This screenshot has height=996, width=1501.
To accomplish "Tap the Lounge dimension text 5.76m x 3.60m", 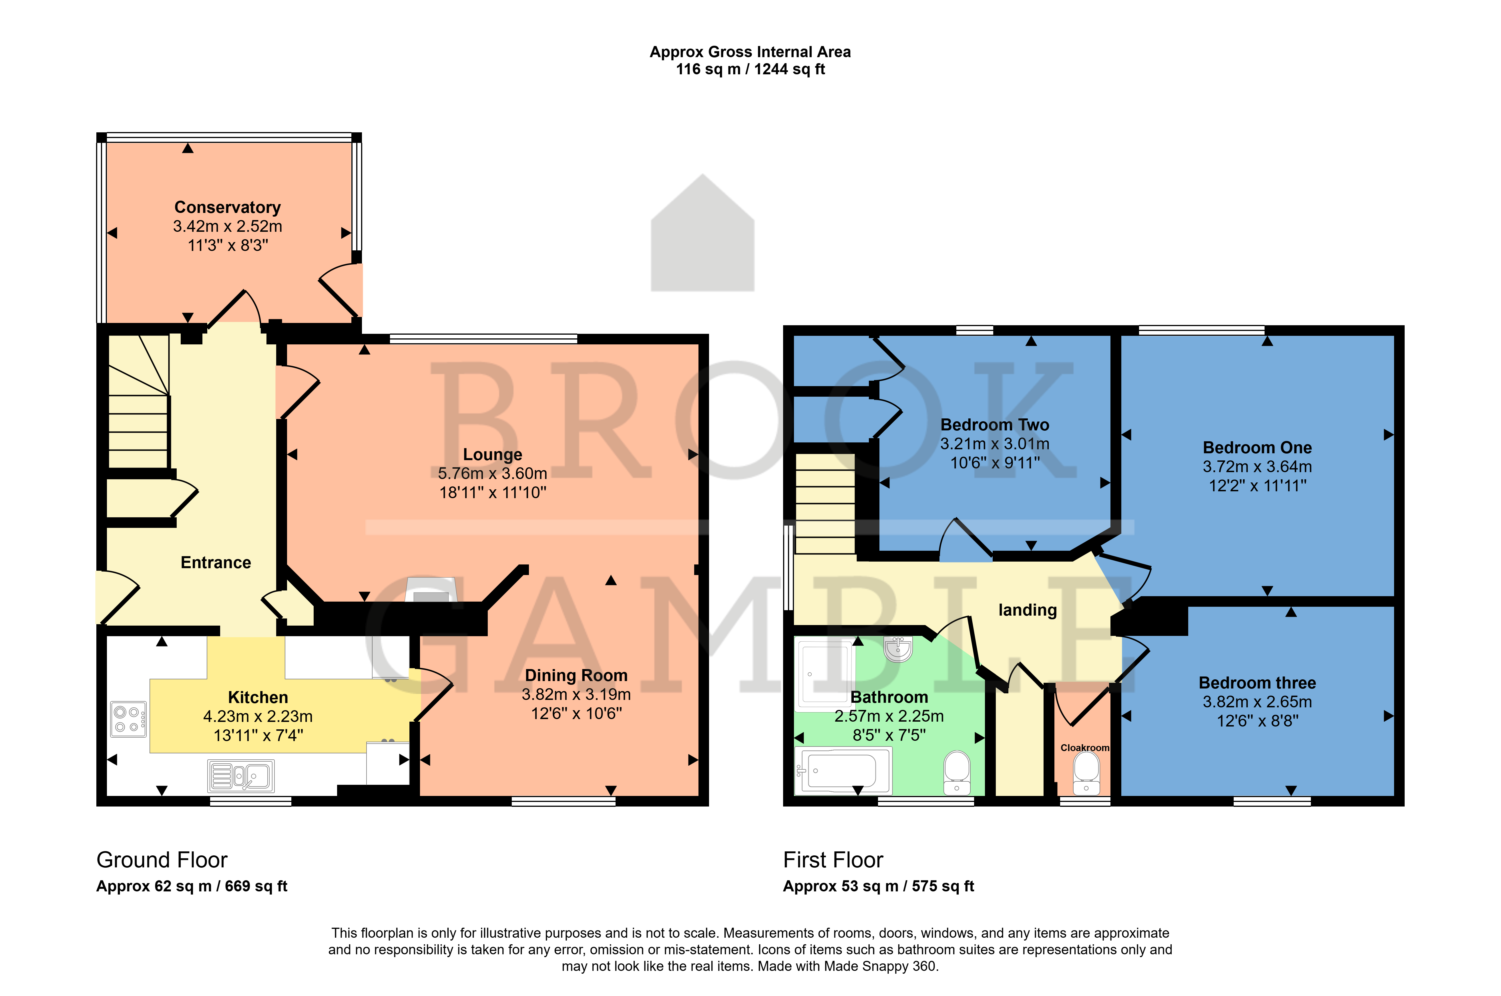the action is (493, 473).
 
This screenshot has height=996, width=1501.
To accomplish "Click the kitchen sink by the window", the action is (241, 776).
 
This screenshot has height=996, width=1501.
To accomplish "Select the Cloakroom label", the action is (1085, 748).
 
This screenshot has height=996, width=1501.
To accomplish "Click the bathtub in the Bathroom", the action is (843, 771).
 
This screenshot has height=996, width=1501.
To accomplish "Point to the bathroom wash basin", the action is (898, 649).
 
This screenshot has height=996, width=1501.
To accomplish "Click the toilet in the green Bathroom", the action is (957, 773).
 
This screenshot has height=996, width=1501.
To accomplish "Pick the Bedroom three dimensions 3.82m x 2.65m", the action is (1257, 702).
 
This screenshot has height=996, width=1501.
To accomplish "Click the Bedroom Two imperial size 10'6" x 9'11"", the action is (995, 463).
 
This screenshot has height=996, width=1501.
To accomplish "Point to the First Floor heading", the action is (833, 860).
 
